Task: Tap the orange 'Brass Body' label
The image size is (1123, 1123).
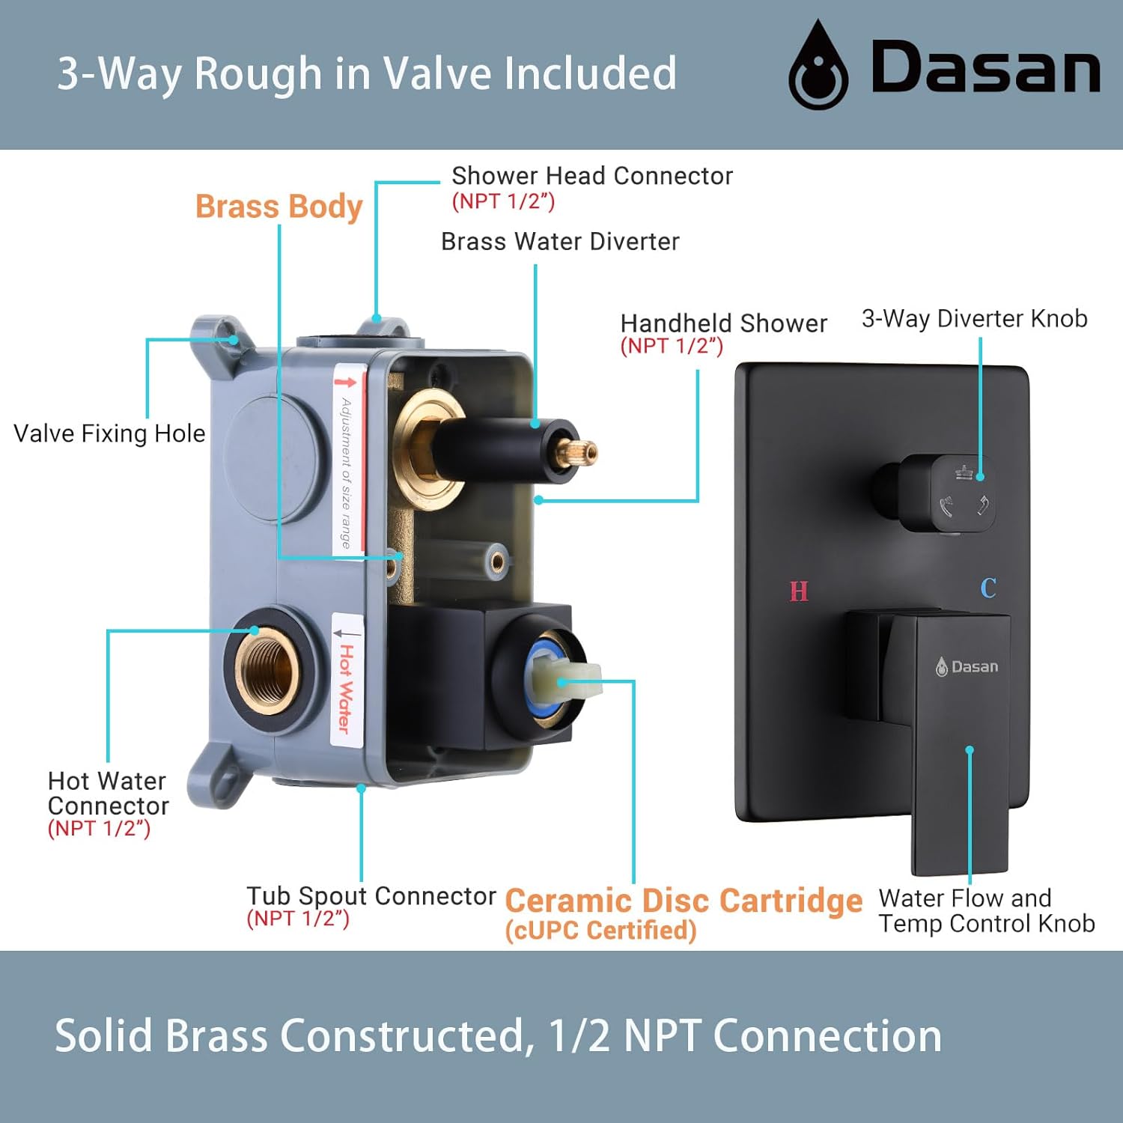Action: tap(279, 206)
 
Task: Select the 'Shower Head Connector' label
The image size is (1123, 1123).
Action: tap(591, 176)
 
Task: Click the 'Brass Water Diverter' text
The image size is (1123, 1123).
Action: tap(560, 242)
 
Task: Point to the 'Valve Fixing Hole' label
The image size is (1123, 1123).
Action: tap(109, 433)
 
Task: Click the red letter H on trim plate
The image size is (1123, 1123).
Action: tap(799, 591)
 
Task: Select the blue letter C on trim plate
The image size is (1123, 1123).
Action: tap(988, 588)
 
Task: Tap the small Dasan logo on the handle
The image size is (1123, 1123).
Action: tap(967, 666)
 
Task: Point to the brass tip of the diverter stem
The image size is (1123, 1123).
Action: tap(580, 451)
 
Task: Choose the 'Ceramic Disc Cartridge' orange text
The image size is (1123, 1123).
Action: tap(684, 901)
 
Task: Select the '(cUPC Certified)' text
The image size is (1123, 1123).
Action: tap(600, 931)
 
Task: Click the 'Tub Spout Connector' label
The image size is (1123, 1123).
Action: tap(371, 895)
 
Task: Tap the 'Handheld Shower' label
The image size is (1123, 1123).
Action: tap(723, 323)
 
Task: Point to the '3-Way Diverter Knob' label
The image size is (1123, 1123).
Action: tap(974, 319)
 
